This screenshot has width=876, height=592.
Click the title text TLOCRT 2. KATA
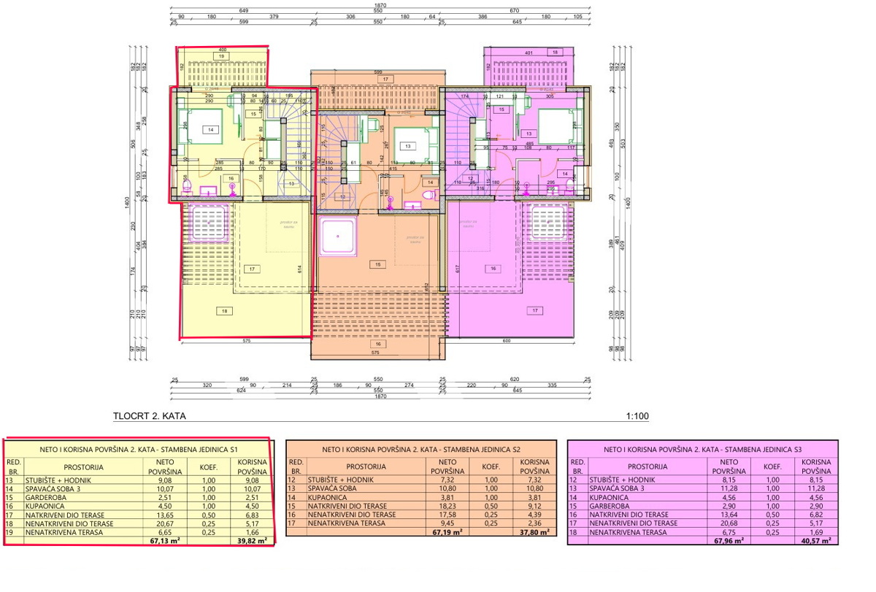point(150,417)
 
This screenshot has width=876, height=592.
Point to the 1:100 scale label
point(637,417)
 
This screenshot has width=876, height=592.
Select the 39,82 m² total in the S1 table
point(250,542)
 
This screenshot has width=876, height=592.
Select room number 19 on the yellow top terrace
point(219,55)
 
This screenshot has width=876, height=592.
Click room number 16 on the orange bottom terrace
point(377,343)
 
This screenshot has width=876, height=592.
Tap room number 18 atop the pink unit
point(555,53)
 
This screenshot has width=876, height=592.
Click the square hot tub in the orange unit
point(337,237)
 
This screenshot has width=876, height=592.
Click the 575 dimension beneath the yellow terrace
point(247,341)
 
